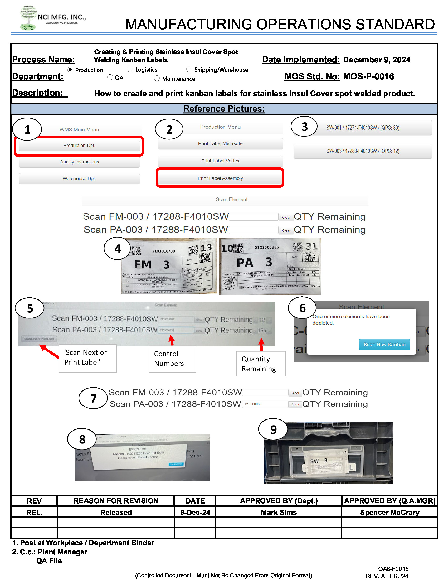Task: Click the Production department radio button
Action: click(70, 70)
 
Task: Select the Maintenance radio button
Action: click(157, 78)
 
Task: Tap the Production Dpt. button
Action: click(79, 146)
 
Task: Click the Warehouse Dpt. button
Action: click(79, 178)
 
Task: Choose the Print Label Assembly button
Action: click(220, 178)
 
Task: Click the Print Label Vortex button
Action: click(220, 161)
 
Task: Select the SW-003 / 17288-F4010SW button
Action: click(362, 151)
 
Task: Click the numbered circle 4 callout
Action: click(118, 249)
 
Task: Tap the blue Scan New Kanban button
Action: click(384, 345)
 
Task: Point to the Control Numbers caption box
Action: click(172, 359)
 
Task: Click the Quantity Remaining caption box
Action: click(261, 364)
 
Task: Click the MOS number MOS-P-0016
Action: click(368, 76)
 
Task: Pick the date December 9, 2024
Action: click(376, 60)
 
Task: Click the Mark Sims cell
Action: click(278, 512)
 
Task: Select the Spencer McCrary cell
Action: click(389, 512)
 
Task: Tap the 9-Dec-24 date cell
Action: click(195, 512)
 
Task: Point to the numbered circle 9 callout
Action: click(273, 429)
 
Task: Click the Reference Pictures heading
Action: click(224, 109)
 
